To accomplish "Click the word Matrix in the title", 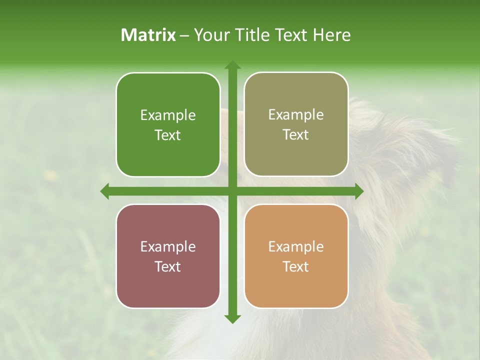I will [x=148, y=35].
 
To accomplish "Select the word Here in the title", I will [x=331, y=35].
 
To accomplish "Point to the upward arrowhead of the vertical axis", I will [x=232, y=65].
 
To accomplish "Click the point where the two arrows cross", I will [x=232, y=191].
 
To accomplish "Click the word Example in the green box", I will [x=168, y=115].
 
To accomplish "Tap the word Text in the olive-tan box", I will [x=296, y=135].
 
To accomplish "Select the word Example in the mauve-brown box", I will [x=168, y=247].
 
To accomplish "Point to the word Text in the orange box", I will [x=296, y=266].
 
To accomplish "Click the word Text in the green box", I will [x=168, y=135].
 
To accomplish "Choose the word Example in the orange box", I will [x=296, y=247].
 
